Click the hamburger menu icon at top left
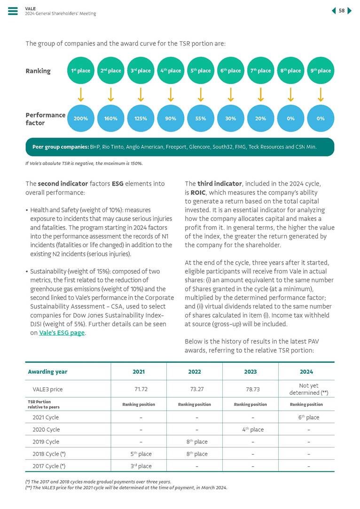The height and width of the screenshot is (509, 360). point(13,11)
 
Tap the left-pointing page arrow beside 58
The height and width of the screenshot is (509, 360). point(334,11)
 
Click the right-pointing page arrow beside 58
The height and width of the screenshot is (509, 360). point(350,11)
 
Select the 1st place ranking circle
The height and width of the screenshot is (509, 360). point(81,71)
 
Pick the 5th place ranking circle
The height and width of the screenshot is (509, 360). point(201,71)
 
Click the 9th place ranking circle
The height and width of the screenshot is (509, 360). point(321,71)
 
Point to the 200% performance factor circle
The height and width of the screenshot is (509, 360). point(81,118)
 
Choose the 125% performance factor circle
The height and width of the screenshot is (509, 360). point(141,118)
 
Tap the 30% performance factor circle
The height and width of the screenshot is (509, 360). point(231,118)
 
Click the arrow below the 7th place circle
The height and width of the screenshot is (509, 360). point(261,95)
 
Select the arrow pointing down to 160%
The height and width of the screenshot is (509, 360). point(111,95)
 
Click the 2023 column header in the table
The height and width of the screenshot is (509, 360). point(250,371)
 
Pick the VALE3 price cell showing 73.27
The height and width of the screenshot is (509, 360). point(194,389)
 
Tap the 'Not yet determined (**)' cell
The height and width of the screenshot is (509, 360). point(306,389)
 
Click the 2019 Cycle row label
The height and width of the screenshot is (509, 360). point(46,442)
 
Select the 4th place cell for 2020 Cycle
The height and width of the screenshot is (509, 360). point(250,430)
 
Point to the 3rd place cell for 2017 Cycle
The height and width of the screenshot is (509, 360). point(138,466)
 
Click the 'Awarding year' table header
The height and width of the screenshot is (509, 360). point(47,371)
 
